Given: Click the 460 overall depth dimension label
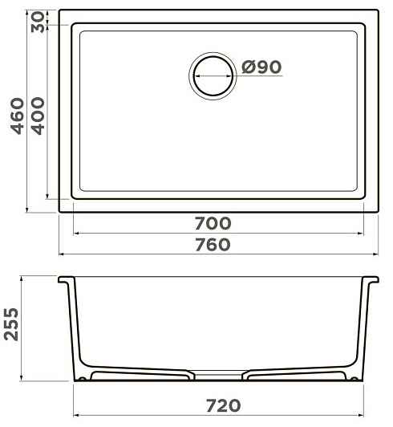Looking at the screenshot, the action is tap(17, 116).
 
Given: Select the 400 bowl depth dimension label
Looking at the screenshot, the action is tap(37, 116).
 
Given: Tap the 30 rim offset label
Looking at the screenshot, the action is tap(38, 22).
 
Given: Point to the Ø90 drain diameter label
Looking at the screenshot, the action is tap(261, 67).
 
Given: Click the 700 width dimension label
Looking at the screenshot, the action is tap(213, 223).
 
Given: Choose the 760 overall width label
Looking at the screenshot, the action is tap(213, 244).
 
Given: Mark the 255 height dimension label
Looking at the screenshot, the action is tap(12, 324).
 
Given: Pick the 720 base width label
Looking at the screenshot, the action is tap(224, 405).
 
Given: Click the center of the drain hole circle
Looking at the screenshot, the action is tap(213, 76).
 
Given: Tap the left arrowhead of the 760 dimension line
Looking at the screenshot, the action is tap(62, 254).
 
